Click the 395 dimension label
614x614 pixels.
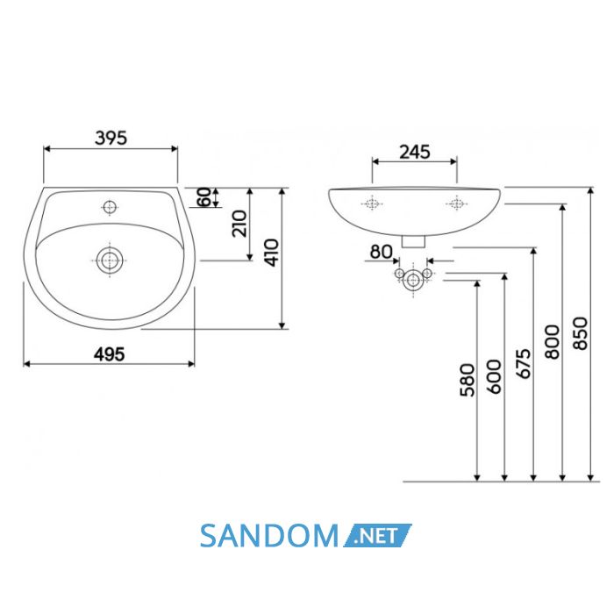[x=111, y=138]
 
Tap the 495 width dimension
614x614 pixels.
[x=110, y=354]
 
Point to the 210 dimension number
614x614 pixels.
[x=239, y=224]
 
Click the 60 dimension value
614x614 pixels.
[x=203, y=197]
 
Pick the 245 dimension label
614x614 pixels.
[x=415, y=152]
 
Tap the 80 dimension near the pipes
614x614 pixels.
[x=381, y=252]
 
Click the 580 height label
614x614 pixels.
[x=468, y=380]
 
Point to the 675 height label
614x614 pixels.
[x=523, y=364]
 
